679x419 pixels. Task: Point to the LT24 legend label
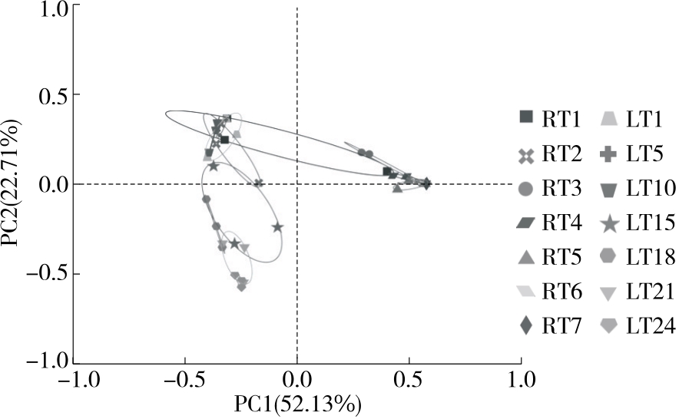651,327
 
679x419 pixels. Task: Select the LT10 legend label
651,189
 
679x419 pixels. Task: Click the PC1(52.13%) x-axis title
296,402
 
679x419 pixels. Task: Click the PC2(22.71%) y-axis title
13,184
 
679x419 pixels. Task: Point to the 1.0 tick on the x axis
520,379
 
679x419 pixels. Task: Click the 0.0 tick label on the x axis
296,379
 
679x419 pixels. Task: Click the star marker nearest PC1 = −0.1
277,227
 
